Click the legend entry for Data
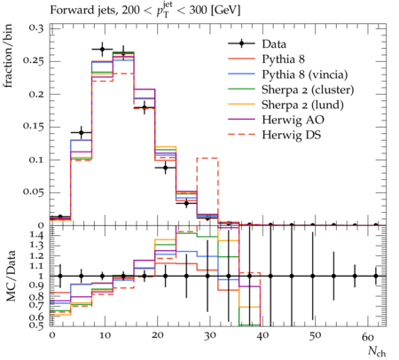[x=257, y=44]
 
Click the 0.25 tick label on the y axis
[x=33, y=61]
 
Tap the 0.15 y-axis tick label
[x=33, y=127]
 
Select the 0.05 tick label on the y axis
[x=33, y=192]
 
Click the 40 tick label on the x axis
[x=262, y=336]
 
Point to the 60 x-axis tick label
[x=368, y=336]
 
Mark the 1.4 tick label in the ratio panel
[x=36, y=236]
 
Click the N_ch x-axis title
[x=377, y=351]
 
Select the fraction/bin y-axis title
[x=8, y=56]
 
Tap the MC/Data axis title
[x=11, y=276]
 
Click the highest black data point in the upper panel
[x=102, y=49]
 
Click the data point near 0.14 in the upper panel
[x=82, y=132]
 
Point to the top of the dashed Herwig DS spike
[x=207, y=158]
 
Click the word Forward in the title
[x=69, y=11]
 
